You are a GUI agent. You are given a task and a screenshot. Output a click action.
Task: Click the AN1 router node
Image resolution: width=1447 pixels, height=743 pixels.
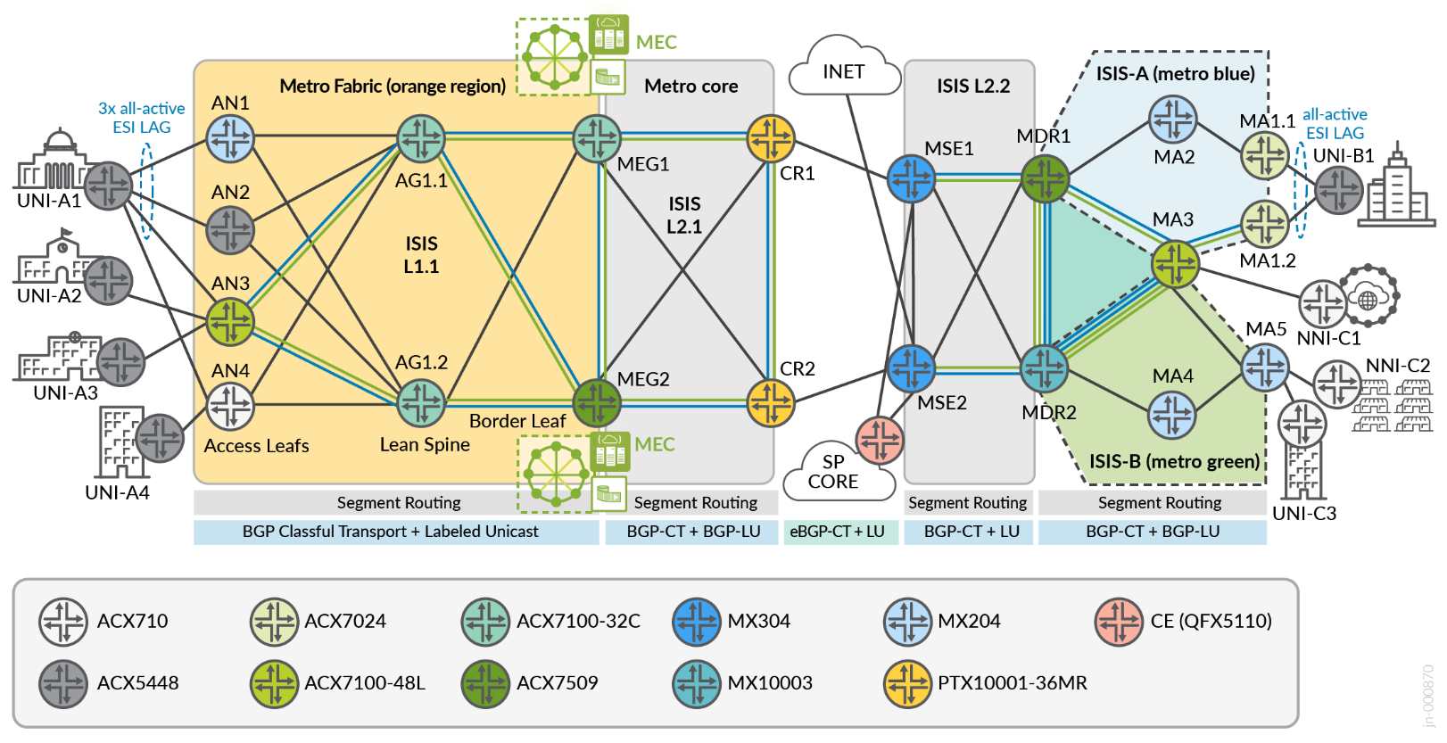[x=230, y=139]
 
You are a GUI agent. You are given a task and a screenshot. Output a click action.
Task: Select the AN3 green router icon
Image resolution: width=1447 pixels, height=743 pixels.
[x=230, y=321]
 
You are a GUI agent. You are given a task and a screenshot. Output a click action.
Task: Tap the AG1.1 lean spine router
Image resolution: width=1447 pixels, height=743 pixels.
[x=420, y=139]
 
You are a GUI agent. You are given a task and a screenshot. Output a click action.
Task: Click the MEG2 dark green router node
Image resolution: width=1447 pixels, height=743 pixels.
[x=596, y=402]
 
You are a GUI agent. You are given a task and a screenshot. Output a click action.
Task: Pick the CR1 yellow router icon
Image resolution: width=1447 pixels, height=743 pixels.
[x=770, y=138]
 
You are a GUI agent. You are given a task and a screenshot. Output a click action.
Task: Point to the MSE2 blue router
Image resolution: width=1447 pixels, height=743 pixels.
[x=911, y=368]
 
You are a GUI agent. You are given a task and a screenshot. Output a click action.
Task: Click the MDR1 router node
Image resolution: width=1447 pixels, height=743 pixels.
[x=1045, y=178]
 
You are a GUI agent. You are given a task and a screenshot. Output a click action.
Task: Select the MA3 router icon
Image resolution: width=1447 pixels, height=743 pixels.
[x=1175, y=264]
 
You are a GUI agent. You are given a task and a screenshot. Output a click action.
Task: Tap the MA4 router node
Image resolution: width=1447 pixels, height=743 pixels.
[x=1171, y=415]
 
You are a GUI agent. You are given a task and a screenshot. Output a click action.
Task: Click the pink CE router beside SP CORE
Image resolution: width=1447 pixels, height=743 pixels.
[x=879, y=440]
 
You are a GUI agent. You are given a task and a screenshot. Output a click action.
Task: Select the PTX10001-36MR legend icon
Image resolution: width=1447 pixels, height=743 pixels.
[x=907, y=683]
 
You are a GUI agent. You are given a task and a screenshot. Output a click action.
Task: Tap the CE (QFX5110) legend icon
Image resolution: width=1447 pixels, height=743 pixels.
[x=1119, y=622]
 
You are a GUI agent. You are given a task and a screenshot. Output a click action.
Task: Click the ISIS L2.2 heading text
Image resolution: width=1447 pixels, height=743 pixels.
[x=972, y=87]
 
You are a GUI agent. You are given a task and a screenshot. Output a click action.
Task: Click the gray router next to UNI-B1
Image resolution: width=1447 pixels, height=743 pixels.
[x=1338, y=190]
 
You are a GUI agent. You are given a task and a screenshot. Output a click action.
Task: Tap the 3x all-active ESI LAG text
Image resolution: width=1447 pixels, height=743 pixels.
[x=142, y=118]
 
